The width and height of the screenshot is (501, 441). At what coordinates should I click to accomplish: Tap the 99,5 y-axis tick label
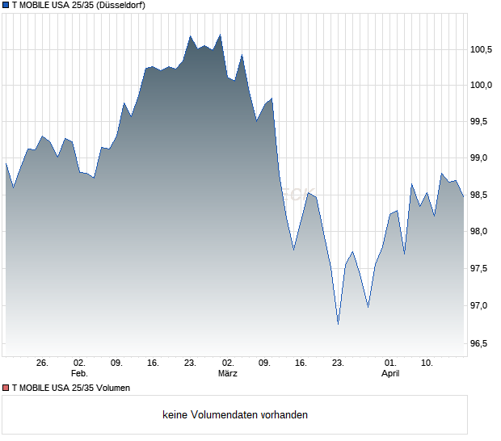[482, 122]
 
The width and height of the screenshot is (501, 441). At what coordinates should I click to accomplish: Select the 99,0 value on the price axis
[482, 158]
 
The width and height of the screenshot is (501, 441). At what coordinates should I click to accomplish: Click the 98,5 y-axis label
[482, 195]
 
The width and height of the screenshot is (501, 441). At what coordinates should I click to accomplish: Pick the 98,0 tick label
[482, 232]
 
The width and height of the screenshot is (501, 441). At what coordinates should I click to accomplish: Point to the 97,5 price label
[482, 269]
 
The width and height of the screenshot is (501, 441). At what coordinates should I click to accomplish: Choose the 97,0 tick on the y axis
[482, 306]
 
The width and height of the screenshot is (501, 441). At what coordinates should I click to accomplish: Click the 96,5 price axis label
[482, 344]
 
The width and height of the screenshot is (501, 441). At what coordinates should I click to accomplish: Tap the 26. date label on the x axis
[43, 363]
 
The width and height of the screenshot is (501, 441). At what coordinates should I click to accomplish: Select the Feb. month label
[79, 373]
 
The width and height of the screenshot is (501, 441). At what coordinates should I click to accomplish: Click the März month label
[228, 373]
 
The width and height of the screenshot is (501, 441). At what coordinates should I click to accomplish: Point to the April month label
[390, 373]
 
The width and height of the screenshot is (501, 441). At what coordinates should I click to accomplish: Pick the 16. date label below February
[153, 363]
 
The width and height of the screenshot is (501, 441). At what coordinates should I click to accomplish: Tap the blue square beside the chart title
[6, 6]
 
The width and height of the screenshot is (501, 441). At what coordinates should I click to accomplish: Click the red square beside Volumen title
[6, 388]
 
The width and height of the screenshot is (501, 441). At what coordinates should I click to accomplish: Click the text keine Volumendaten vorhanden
[235, 415]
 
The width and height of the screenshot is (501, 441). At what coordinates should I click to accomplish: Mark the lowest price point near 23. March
[338, 324]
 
